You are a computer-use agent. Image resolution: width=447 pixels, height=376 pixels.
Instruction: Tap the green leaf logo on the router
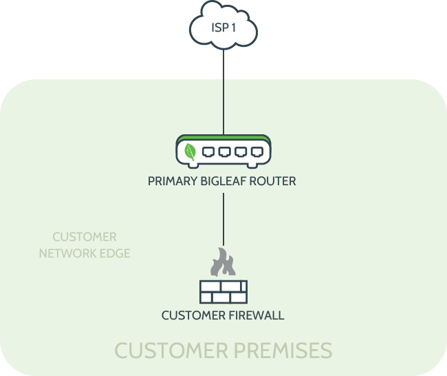(x=190, y=152)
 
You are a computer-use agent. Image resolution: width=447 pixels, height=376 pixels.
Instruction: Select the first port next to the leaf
(x=208, y=152)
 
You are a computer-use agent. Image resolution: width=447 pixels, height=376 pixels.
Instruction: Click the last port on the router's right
(x=257, y=152)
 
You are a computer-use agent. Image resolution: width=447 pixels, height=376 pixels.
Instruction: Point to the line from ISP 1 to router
(x=223, y=92)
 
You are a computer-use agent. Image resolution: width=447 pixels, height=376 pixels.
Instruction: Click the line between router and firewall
(x=223, y=219)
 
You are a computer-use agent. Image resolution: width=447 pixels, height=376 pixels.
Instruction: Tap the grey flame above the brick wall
(x=223, y=262)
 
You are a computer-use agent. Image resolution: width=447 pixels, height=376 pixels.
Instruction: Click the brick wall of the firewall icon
(x=223, y=292)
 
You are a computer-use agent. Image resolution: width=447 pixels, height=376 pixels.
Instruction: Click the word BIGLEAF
(x=223, y=181)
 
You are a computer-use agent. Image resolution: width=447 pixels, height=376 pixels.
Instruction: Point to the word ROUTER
(x=272, y=181)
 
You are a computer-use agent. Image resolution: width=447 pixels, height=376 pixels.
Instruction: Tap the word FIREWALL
(x=257, y=315)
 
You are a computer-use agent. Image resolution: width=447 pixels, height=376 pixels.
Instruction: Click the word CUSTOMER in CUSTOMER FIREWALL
(x=193, y=315)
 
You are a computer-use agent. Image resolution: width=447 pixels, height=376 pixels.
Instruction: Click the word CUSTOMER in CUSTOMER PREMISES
(x=171, y=351)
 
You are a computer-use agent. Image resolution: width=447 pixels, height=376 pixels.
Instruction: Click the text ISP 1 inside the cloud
(x=223, y=28)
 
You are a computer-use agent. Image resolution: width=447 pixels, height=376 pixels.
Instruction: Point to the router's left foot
(x=193, y=165)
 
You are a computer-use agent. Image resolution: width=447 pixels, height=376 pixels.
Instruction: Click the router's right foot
(x=252, y=165)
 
